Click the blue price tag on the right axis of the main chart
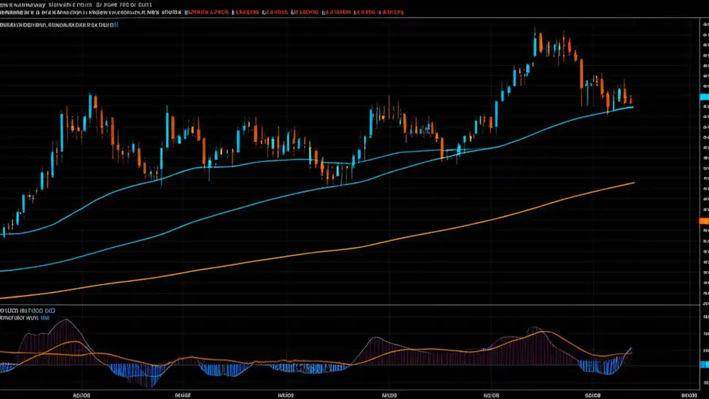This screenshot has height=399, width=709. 704,97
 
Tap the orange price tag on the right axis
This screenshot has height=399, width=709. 704,221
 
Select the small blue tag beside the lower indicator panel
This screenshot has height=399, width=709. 704,364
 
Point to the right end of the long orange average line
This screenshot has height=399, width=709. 634,183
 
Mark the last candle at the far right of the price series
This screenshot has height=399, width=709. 631,100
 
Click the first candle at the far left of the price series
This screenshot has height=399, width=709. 4,231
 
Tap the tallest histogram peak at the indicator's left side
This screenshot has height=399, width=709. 66,320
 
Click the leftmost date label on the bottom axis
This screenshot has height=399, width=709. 81,396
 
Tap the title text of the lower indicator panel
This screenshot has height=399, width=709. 27,311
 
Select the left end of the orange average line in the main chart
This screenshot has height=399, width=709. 2,298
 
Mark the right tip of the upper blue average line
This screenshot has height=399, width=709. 633,107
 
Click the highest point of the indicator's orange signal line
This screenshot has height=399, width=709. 546,331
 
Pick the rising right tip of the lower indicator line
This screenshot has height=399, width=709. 631,349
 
